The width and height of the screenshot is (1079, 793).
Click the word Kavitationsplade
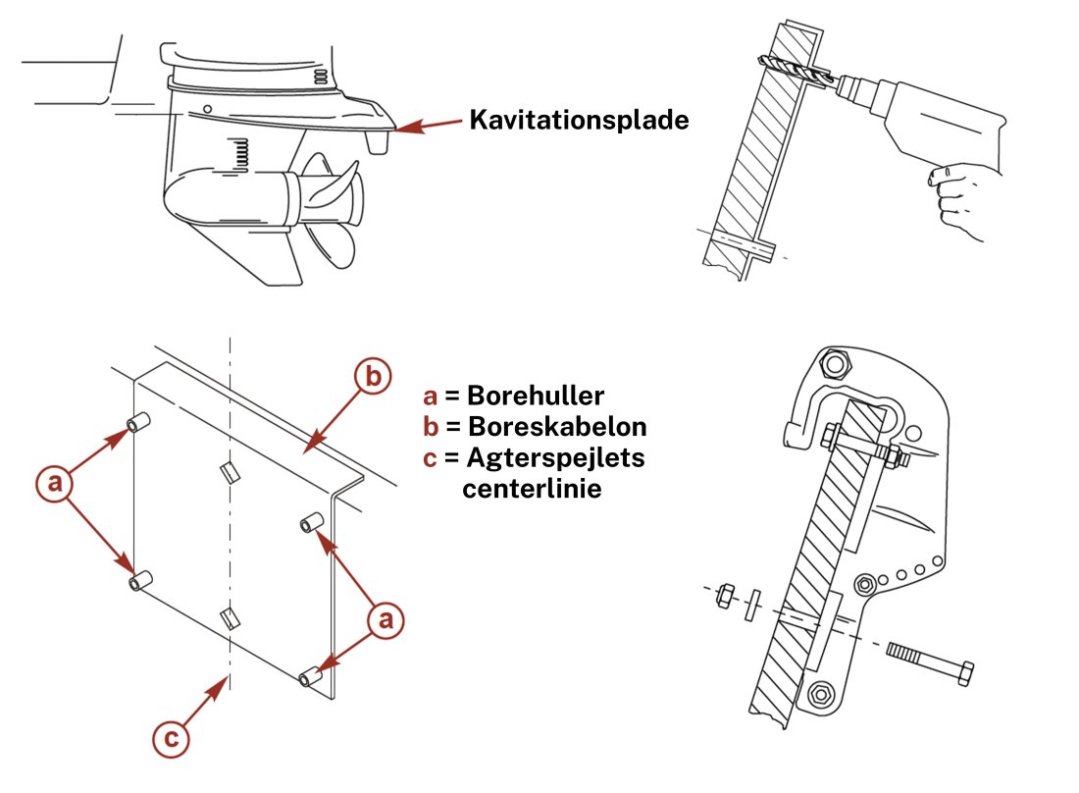click(x=579, y=120)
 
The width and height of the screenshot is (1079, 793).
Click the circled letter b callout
click(x=374, y=377)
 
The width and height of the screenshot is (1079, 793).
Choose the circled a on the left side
click(x=55, y=482)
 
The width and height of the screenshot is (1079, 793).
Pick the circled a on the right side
click(x=385, y=620)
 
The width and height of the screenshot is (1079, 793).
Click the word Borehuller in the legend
click(x=535, y=396)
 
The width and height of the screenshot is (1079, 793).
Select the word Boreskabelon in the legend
click(x=557, y=428)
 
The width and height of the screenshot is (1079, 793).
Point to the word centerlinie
click(x=532, y=487)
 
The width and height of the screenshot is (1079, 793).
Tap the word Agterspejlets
click(x=556, y=457)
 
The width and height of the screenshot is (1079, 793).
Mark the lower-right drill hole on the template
click(x=311, y=677)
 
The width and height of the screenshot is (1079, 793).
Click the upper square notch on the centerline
click(x=229, y=472)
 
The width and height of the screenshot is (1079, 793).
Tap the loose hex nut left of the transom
click(x=725, y=595)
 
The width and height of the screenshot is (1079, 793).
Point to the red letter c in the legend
click(x=430, y=457)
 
